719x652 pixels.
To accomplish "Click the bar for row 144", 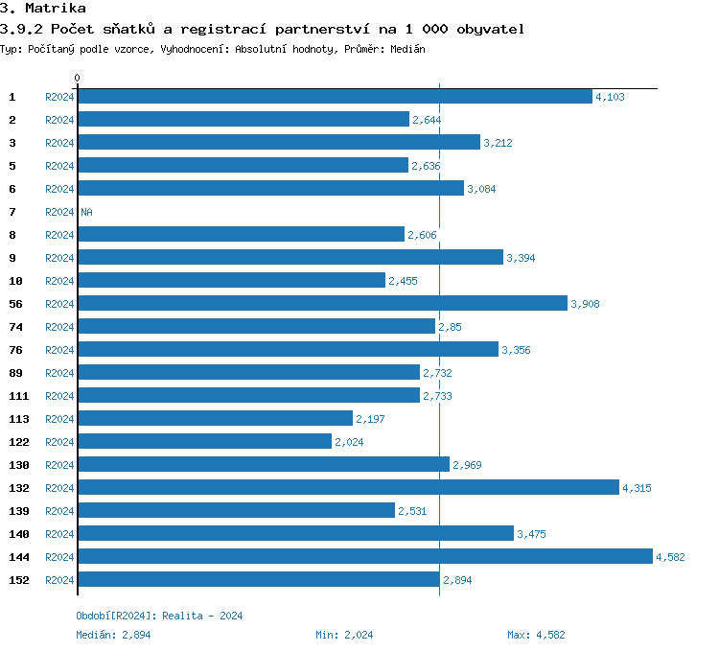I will [364, 556].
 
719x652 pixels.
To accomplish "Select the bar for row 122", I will [204, 441].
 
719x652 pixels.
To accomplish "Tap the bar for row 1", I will [335, 96].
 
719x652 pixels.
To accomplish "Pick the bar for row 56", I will [322, 303].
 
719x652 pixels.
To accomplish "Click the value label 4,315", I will [637, 488].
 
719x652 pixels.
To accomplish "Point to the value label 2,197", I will [370, 419].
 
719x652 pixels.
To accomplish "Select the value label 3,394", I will [521, 258].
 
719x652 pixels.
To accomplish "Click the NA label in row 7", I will [86, 212].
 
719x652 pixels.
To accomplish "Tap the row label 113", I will [18, 419].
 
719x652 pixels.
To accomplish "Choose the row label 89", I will [15, 373].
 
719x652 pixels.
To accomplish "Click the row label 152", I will [18, 580].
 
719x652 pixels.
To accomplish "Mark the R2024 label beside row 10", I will [59, 281].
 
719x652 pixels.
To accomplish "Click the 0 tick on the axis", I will [78, 78].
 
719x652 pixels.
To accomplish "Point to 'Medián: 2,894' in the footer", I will [113, 635].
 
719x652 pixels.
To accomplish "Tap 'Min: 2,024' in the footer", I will [344, 635].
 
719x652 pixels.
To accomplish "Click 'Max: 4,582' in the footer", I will [537, 635].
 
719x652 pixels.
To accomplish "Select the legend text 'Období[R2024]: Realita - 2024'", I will [159, 616].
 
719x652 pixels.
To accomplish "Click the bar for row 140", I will [295, 533].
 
